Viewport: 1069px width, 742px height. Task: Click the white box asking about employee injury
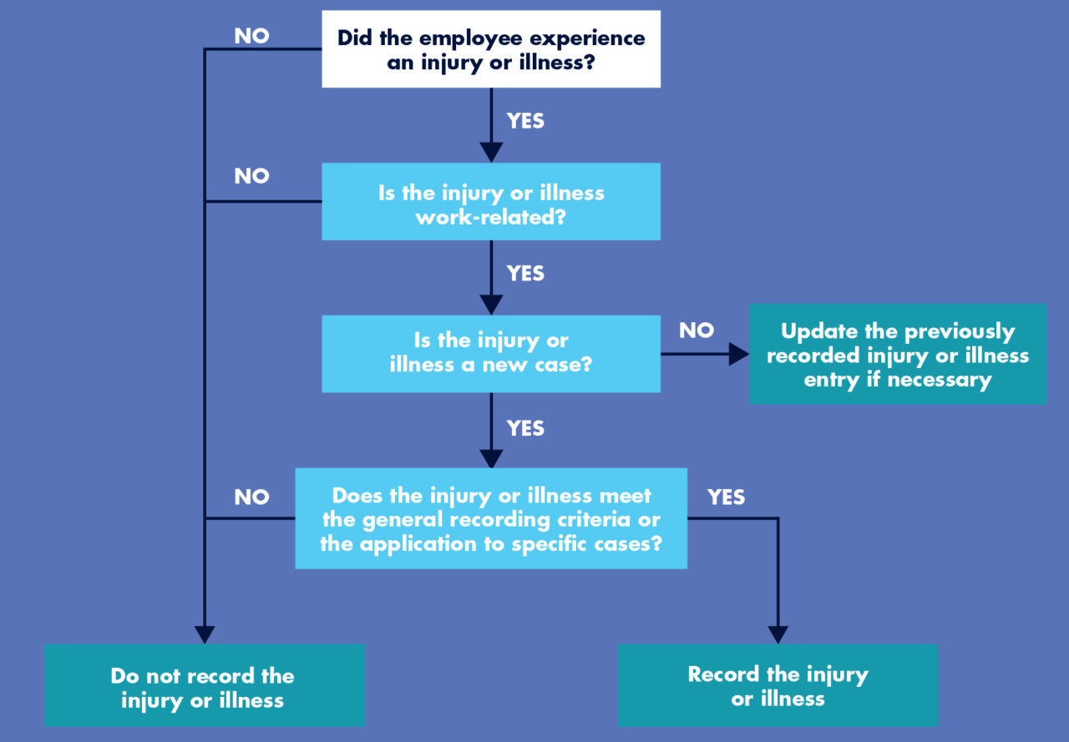tap(491, 48)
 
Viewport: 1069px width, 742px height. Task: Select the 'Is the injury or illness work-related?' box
tap(491, 201)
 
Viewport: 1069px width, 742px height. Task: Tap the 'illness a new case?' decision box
tap(491, 353)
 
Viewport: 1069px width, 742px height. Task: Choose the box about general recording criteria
tap(491, 518)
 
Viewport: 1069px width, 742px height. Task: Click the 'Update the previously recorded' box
tap(898, 355)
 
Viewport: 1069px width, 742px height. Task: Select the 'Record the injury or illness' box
tap(778, 685)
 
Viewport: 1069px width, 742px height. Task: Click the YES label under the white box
tap(525, 121)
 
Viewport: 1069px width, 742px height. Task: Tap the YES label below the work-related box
tap(525, 274)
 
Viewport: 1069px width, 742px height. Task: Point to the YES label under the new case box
tap(525, 428)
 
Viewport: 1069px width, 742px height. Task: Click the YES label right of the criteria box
tap(726, 497)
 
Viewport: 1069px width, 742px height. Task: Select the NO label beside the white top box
tap(251, 36)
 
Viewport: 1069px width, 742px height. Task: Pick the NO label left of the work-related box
tap(251, 176)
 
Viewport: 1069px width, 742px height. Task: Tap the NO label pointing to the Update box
tap(696, 331)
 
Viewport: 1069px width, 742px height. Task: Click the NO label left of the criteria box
tap(251, 497)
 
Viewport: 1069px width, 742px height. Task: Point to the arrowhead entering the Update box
tap(738, 355)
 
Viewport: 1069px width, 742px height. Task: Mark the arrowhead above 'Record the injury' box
tap(778, 634)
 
